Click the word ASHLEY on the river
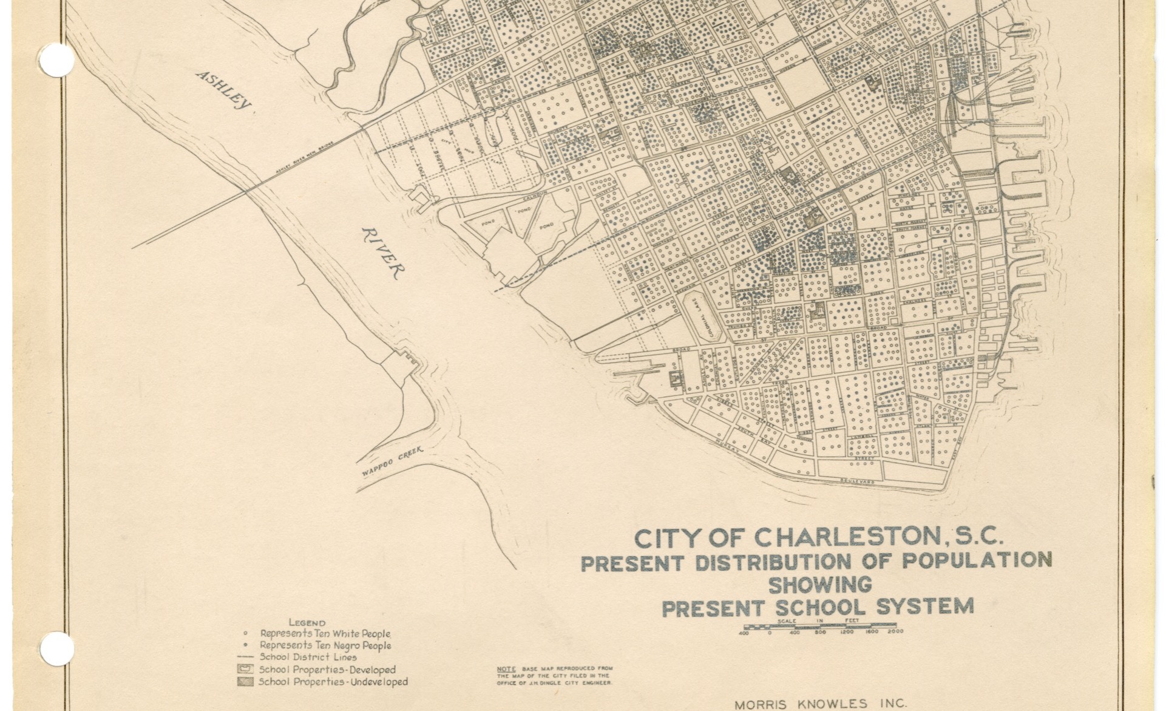[x=223, y=90]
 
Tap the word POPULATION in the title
[x=976, y=560]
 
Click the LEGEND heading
[x=307, y=622]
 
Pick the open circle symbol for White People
[x=245, y=634]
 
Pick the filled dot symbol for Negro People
[x=245, y=645]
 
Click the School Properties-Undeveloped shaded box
[x=245, y=681]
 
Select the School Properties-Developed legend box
[x=245, y=669]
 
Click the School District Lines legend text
[x=308, y=657]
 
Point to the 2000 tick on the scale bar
[x=895, y=631]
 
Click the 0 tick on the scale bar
[x=770, y=631]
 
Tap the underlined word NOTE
[x=506, y=668]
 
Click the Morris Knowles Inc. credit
[x=821, y=704]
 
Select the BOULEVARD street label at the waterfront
[x=858, y=481]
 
